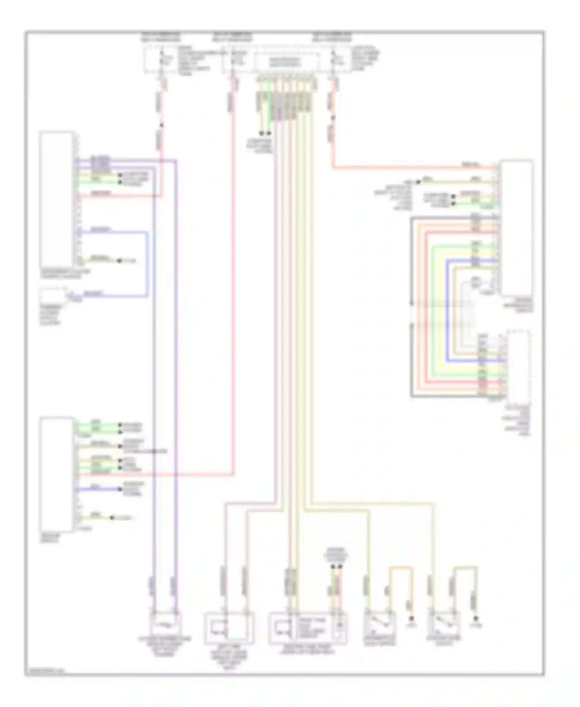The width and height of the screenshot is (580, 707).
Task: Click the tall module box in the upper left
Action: coord(56,199)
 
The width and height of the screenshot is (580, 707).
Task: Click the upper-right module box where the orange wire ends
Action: coord(517,228)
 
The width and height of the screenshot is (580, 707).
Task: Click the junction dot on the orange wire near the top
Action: coord(333,117)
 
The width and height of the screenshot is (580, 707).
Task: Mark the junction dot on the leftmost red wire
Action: coord(162,125)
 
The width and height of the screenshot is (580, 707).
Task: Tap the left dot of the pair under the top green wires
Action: coord(261,133)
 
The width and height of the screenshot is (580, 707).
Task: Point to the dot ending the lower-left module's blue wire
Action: coord(120,489)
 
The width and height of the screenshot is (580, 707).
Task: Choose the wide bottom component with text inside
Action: coord(307,627)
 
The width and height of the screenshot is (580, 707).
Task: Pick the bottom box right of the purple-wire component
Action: coord(229,627)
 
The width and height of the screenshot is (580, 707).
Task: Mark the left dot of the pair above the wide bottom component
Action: coord(333,567)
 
